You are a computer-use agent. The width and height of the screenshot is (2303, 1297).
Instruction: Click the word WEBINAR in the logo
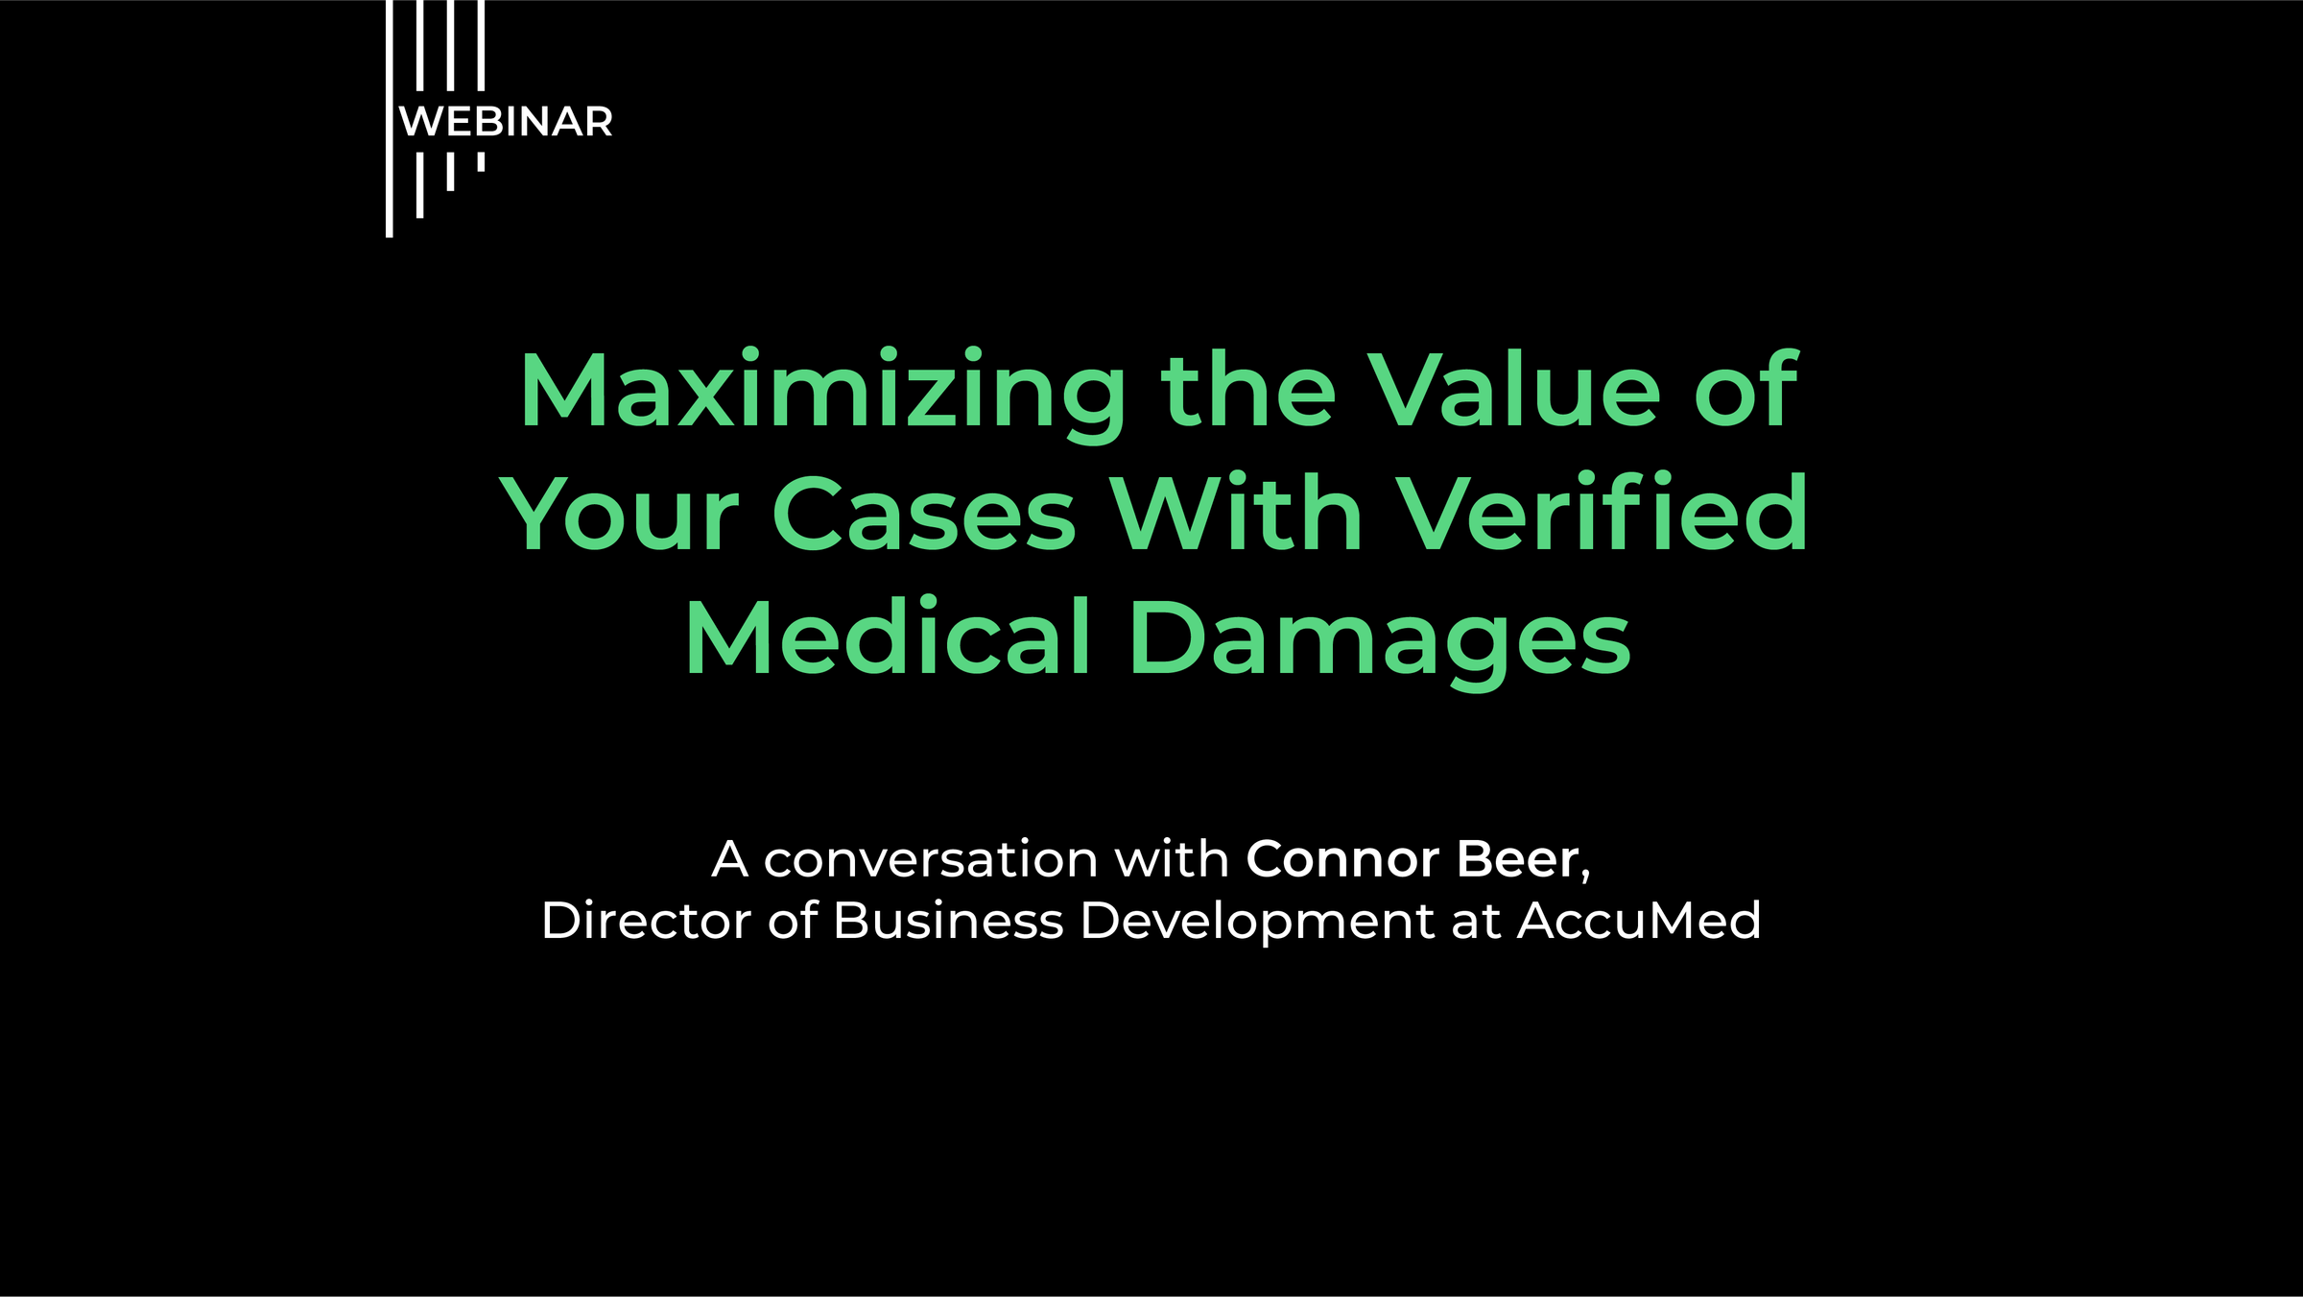(x=506, y=122)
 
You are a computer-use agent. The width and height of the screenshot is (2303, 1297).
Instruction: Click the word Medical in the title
(x=888, y=638)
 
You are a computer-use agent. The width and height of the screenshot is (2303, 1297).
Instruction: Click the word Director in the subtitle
(x=646, y=921)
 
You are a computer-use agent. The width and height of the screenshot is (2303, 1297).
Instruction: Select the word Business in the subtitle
(x=948, y=921)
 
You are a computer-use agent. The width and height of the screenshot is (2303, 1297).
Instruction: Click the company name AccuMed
(x=1639, y=921)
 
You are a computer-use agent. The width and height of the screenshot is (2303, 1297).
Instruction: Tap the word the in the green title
(x=1247, y=391)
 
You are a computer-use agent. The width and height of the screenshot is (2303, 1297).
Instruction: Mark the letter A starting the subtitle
(x=729, y=859)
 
